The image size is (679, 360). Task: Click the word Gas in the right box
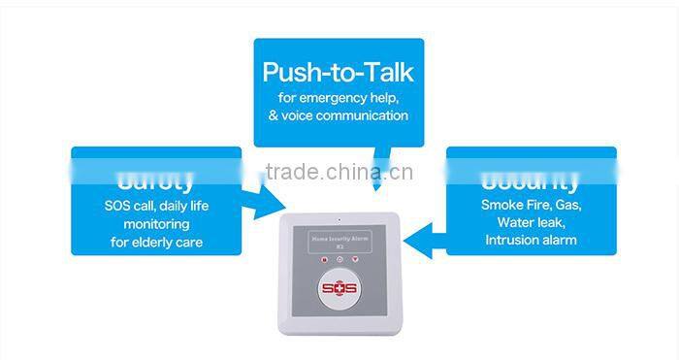(x=567, y=205)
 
